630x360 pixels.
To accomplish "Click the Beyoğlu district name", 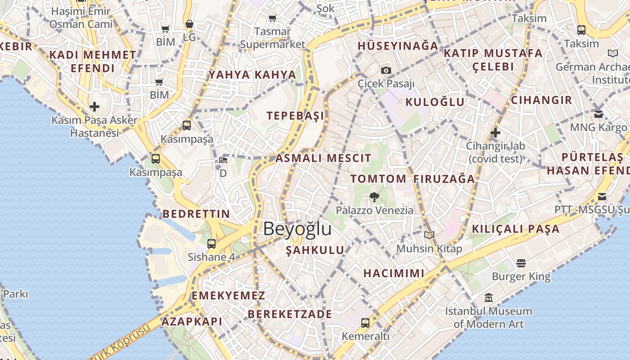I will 297,229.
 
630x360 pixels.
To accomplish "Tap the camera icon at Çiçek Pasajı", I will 386,70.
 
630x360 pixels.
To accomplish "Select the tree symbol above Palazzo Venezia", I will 373,197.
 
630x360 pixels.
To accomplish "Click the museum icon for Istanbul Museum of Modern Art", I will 489,298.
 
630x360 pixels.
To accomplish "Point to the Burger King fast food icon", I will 521,262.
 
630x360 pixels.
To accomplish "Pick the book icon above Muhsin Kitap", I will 429,235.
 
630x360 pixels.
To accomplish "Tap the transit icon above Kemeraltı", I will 365,323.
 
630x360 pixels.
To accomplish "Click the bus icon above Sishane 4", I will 211,244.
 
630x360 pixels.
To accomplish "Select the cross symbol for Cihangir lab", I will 495,133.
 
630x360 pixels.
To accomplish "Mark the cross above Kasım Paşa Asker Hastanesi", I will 94,107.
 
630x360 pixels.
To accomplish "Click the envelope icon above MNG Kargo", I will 598,114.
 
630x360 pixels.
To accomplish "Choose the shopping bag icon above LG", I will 189,24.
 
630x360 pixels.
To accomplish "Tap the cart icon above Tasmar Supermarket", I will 272,18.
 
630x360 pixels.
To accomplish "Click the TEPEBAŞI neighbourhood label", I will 295,116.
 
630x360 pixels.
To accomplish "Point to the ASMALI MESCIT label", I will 323,158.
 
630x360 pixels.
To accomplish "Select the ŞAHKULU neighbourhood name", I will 315,250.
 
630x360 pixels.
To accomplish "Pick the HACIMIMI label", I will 394,273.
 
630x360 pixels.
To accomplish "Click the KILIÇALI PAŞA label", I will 515,229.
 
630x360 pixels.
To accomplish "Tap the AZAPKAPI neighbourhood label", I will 192,321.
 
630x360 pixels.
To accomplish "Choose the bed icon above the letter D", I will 223,160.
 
